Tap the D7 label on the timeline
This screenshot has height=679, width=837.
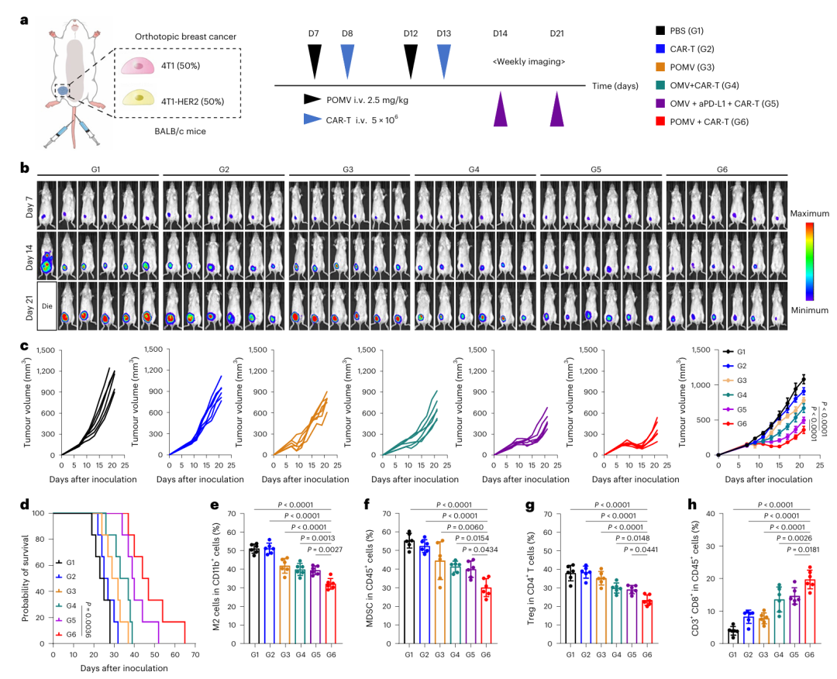point(314,33)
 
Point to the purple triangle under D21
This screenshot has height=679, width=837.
point(557,109)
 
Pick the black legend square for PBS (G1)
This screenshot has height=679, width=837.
point(660,31)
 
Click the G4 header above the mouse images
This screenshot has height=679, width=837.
point(474,169)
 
